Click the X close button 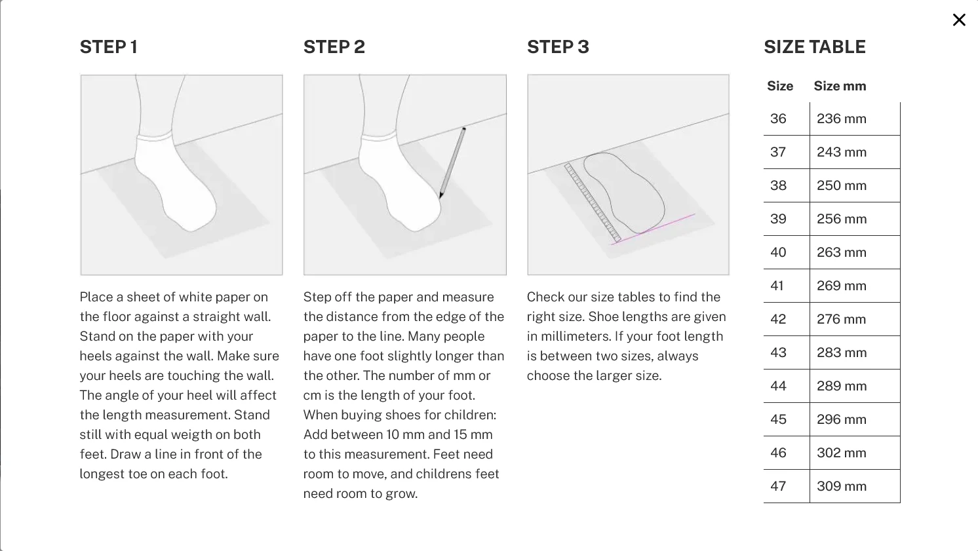tap(959, 20)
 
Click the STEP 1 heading tap(109, 47)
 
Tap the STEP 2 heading tap(334, 47)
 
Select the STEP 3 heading tap(558, 47)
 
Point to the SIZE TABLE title tap(815, 47)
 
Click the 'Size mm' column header tap(840, 86)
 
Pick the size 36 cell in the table tap(778, 119)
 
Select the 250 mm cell tap(842, 185)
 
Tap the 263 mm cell tap(842, 252)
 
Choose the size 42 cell tap(778, 319)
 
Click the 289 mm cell tap(842, 386)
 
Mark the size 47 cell tap(778, 486)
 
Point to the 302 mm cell tap(842, 453)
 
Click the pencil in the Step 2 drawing tap(452, 162)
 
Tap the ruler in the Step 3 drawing tap(593, 202)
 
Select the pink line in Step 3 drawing tap(654, 229)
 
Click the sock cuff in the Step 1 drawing tap(153, 136)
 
